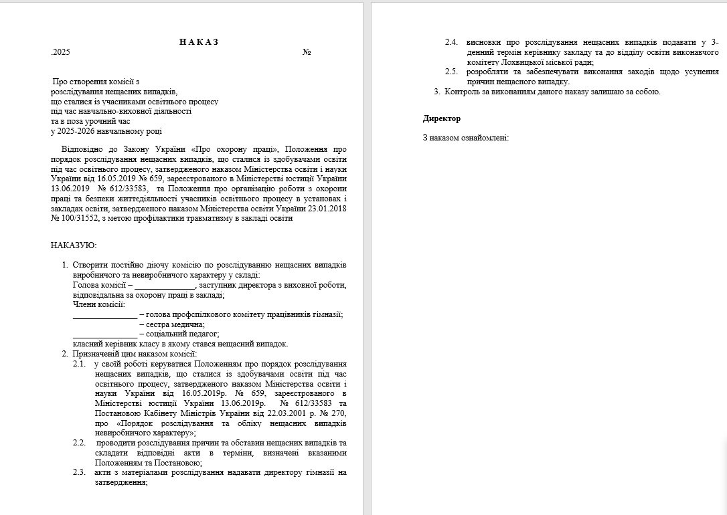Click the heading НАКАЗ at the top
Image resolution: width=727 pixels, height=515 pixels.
(199, 41)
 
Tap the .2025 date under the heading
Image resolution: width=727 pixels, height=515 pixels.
(60, 52)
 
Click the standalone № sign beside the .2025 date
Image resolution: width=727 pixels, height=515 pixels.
(307, 52)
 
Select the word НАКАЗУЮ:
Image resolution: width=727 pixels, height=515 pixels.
(74, 245)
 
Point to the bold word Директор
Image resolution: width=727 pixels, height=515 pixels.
(442, 118)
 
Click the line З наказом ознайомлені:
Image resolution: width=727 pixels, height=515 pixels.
(466, 138)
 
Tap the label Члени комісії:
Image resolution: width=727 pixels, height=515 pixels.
(98, 304)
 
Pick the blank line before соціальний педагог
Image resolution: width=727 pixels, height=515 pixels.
(104, 334)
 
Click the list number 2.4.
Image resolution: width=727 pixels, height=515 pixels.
(452, 41)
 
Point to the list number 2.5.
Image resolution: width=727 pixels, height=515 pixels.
(452, 71)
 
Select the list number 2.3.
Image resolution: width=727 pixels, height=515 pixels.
(80, 472)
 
